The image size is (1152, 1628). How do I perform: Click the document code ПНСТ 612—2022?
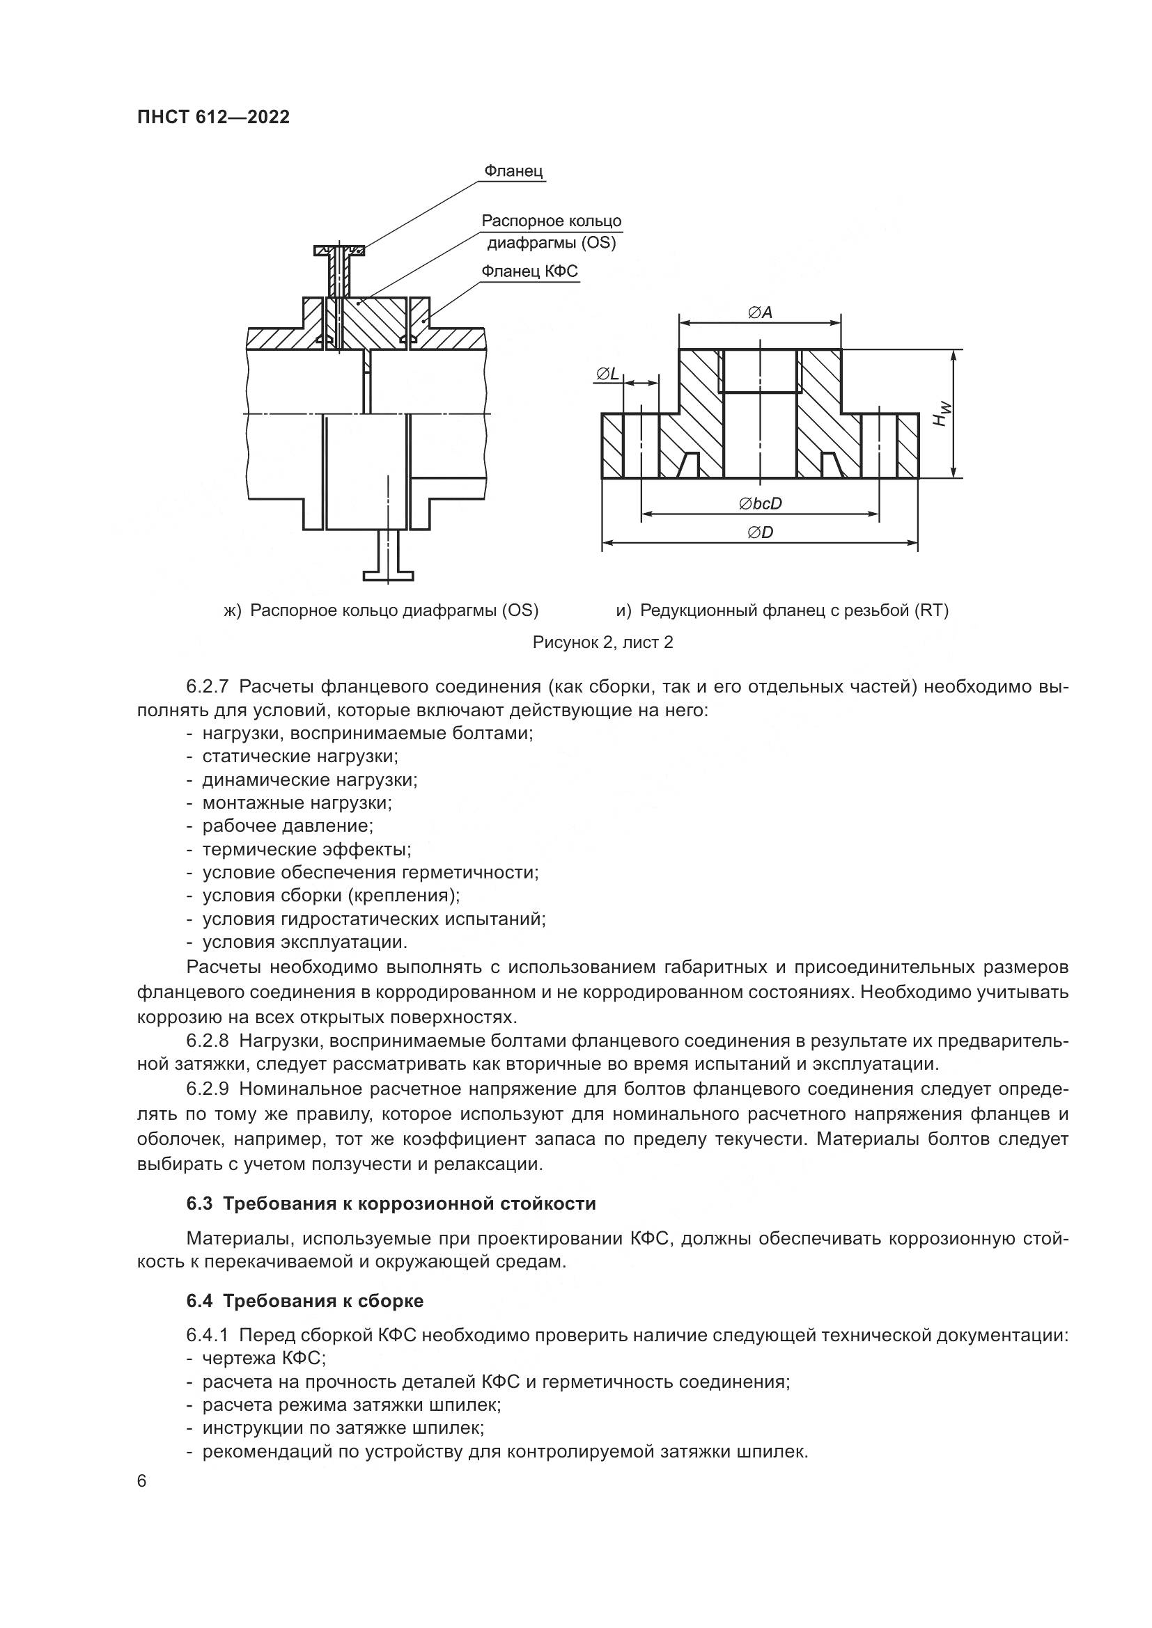(214, 117)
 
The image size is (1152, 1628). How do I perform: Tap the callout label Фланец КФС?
(530, 271)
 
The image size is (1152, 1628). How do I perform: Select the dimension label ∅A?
(760, 312)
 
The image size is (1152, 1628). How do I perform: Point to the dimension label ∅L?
(607, 374)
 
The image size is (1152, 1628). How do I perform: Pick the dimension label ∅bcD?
(760, 503)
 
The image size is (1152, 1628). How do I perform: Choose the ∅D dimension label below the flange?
(760, 532)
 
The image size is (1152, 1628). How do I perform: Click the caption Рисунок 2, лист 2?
(603, 642)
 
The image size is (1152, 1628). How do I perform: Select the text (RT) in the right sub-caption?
(931, 610)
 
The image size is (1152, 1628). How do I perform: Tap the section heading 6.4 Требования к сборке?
(305, 1301)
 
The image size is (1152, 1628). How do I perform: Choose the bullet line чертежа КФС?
(256, 1359)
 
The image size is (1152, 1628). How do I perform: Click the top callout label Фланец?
(513, 171)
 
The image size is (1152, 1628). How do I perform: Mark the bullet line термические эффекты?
(299, 849)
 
